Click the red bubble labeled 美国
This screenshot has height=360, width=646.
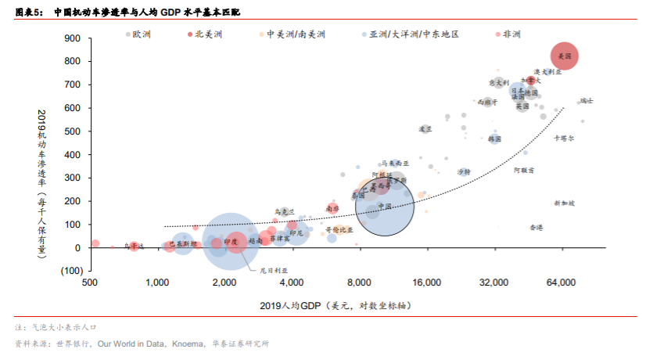coord(564,56)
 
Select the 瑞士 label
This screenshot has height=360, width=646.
coord(586,101)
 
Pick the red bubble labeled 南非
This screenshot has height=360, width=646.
coord(333,209)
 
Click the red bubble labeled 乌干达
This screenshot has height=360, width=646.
coord(134,247)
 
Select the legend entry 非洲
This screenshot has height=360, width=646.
coord(511,34)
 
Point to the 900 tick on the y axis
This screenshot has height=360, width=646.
coord(72,38)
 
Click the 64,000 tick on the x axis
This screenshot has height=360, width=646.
coord(561,283)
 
